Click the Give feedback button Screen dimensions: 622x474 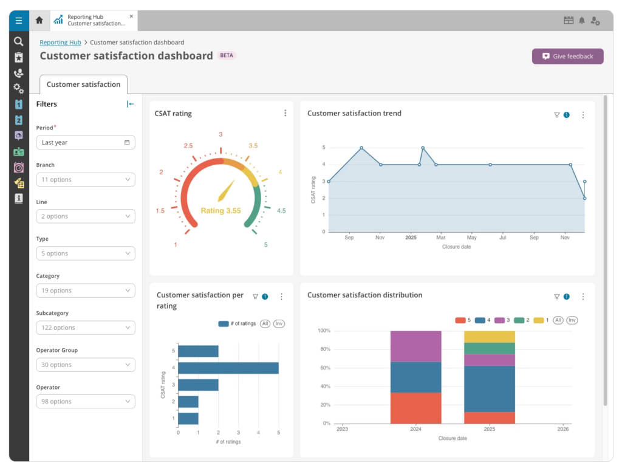coord(568,57)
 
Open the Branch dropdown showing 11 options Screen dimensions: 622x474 coord(86,179)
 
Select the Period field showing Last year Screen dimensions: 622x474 coord(86,143)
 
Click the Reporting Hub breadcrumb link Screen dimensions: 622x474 coord(60,43)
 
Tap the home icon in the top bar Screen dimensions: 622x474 coord(39,20)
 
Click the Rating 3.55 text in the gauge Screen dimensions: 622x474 coord(220,210)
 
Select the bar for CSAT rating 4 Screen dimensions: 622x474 coord(228,368)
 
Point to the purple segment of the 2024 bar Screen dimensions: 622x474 coord(415,346)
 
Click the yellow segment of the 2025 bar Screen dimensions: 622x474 coord(490,337)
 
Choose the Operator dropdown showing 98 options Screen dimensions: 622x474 coord(86,401)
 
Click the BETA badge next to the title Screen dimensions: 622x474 coord(227,55)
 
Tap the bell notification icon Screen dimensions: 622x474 coord(581,21)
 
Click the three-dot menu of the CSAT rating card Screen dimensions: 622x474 coord(285,113)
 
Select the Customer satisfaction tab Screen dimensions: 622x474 coord(83,84)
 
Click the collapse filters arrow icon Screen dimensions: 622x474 coord(130,104)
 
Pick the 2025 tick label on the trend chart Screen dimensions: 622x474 coord(411,238)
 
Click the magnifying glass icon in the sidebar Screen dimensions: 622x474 coord(18,41)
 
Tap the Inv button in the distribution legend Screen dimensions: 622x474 coord(572,320)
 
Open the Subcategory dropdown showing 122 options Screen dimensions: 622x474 coord(86,328)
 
